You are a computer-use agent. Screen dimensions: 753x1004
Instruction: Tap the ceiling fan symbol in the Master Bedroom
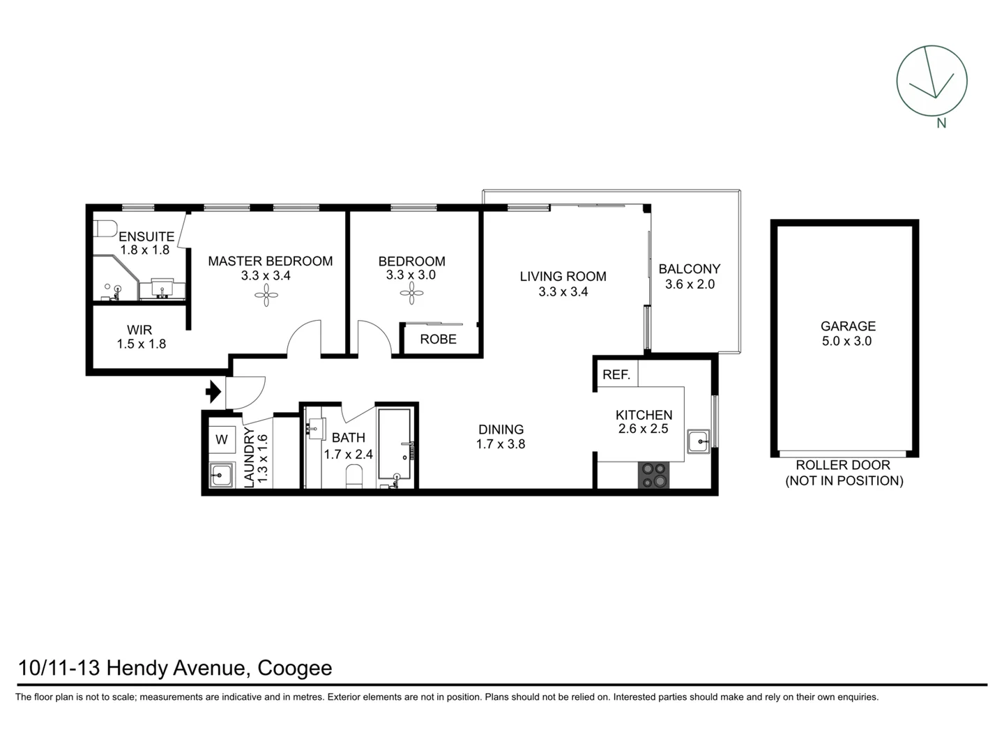[266, 297]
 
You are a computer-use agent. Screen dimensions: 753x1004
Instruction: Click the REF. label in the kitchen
[616, 375]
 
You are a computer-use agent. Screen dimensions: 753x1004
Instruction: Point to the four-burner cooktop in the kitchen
[654, 475]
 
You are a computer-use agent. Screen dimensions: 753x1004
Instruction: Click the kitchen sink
[698, 441]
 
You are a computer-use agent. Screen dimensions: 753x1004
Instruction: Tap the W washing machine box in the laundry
[222, 439]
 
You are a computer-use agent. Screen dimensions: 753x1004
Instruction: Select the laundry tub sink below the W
[222, 475]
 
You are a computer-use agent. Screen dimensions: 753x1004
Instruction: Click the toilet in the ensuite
[105, 229]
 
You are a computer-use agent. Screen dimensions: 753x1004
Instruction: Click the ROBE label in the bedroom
[438, 340]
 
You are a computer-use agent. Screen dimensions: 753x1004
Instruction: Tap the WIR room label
[139, 330]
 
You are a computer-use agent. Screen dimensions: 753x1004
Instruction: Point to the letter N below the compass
[941, 123]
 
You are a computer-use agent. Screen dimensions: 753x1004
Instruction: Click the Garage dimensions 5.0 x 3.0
[846, 342]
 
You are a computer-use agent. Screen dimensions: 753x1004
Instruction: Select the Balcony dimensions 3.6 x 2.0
[690, 284]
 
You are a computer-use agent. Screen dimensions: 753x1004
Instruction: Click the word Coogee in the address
[294, 668]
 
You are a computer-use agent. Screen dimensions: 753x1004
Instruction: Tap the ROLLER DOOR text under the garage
[843, 465]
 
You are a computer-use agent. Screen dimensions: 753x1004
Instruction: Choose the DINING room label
[501, 429]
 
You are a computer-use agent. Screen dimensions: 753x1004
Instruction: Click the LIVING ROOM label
[563, 277]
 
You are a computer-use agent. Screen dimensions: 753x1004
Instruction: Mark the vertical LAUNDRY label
[249, 457]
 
